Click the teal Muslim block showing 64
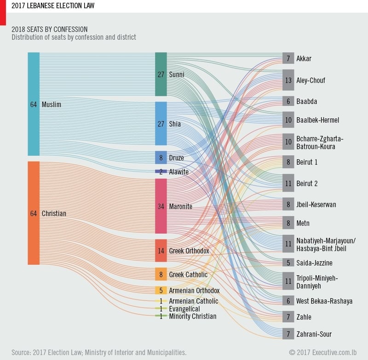34,104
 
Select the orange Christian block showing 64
34,213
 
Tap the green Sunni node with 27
161,74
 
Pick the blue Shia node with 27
161,124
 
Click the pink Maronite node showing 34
161,206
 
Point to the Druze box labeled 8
161,157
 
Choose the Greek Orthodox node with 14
161,251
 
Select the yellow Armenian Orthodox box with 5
161,291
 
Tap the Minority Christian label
192,316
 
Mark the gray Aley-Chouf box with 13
288,80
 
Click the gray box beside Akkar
288,58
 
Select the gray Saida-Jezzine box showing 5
288,263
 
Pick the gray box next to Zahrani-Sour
288,334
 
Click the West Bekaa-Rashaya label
324,301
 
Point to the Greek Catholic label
188,274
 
